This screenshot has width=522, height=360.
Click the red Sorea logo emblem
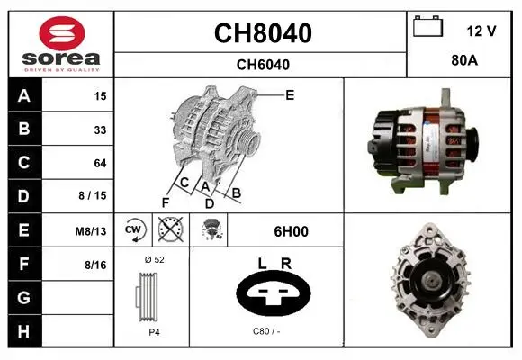tap(62, 33)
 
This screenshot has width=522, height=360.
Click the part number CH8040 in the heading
tap(263, 33)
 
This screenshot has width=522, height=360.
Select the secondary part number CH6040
tap(263, 65)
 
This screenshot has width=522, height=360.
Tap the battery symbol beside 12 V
tap(428, 26)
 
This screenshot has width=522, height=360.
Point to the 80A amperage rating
tap(464, 60)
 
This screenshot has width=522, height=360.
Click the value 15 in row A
tap(100, 96)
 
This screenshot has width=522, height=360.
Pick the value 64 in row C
tap(100, 163)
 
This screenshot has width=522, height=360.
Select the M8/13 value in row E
tap(91, 231)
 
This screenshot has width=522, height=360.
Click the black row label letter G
tap(24, 298)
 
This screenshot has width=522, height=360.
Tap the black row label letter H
tap(24, 332)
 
